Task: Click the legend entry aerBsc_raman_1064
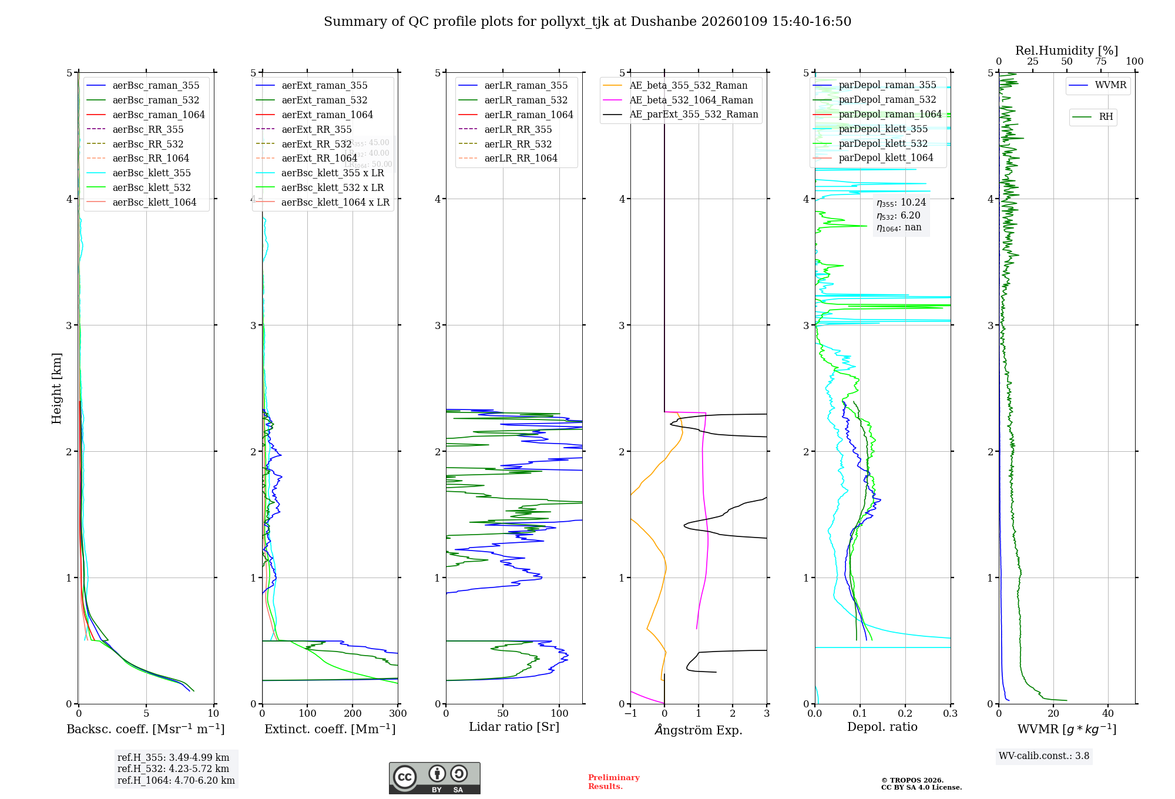pyautogui.click(x=159, y=115)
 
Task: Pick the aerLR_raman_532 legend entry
pyautogui.click(x=526, y=100)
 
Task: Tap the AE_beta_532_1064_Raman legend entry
pyautogui.click(x=691, y=100)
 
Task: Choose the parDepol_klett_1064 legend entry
pyautogui.click(x=885, y=157)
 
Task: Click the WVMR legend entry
pyautogui.click(x=1110, y=85)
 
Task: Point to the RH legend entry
pyautogui.click(x=1106, y=117)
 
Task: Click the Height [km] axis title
pyautogui.click(x=56, y=388)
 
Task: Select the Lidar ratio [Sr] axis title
pyautogui.click(x=514, y=727)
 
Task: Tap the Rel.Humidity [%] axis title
pyautogui.click(x=1066, y=51)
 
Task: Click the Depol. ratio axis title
pyautogui.click(x=882, y=727)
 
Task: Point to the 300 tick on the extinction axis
pyautogui.click(x=398, y=714)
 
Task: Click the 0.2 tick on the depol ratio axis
pyautogui.click(x=905, y=714)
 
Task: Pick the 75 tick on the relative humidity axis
pyautogui.click(x=1100, y=62)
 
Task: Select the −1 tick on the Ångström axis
pyautogui.click(x=630, y=714)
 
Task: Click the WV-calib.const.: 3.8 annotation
pyautogui.click(x=1044, y=756)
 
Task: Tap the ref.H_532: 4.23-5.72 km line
pyautogui.click(x=173, y=769)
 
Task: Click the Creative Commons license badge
pyautogui.click(x=434, y=778)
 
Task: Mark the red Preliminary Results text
pyautogui.click(x=613, y=782)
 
